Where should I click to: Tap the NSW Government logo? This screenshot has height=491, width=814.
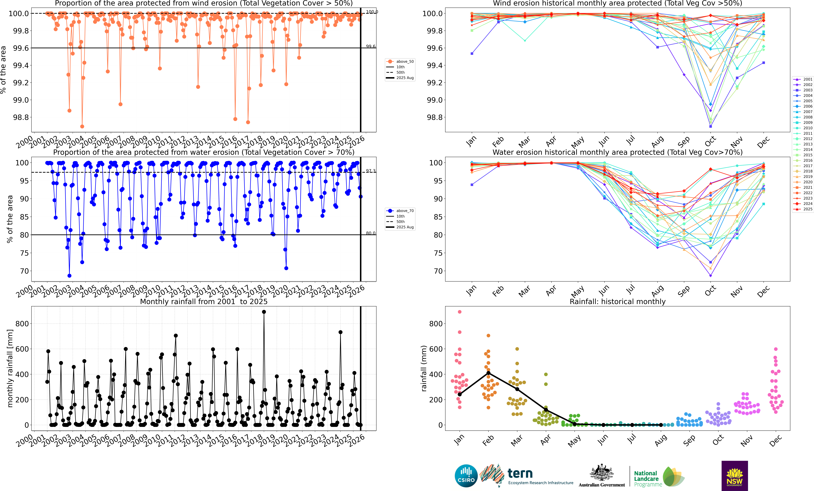734,476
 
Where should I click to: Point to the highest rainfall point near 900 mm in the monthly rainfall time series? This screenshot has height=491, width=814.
264,312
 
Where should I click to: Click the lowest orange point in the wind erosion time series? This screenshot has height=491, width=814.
82,126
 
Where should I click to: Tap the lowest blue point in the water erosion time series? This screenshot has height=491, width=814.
69,276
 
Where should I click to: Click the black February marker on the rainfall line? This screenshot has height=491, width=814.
488,373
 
